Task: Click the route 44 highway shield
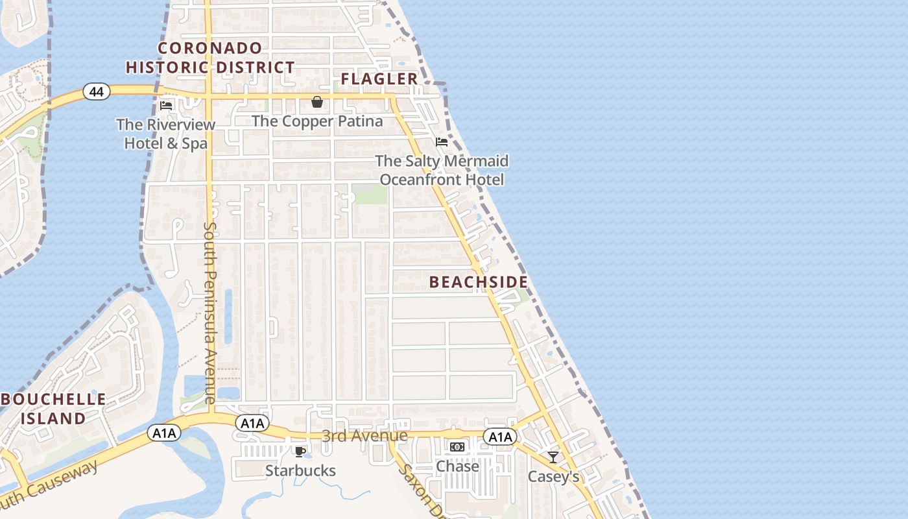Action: [x=96, y=92]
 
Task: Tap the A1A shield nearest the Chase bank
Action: [x=500, y=437]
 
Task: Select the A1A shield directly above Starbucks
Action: [x=252, y=424]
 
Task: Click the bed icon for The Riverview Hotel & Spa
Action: [x=166, y=105]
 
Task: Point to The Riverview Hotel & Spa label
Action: [x=166, y=134]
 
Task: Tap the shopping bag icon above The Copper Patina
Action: [x=317, y=102]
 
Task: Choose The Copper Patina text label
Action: [x=317, y=121]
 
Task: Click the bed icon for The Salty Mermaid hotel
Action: [x=442, y=142]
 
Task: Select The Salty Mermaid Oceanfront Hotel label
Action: [x=442, y=170]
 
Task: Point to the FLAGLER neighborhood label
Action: [x=379, y=79]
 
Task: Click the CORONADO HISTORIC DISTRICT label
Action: [x=210, y=58]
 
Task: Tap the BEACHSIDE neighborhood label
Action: [x=479, y=282]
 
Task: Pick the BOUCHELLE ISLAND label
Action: [x=53, y=409]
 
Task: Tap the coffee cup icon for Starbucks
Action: [x=300, y=452]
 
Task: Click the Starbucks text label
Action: [x=300, y=470]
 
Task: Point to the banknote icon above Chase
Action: [x=457, y=447]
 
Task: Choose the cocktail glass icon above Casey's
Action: [x=553, y=457]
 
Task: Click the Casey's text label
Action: [x=553, y=477]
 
